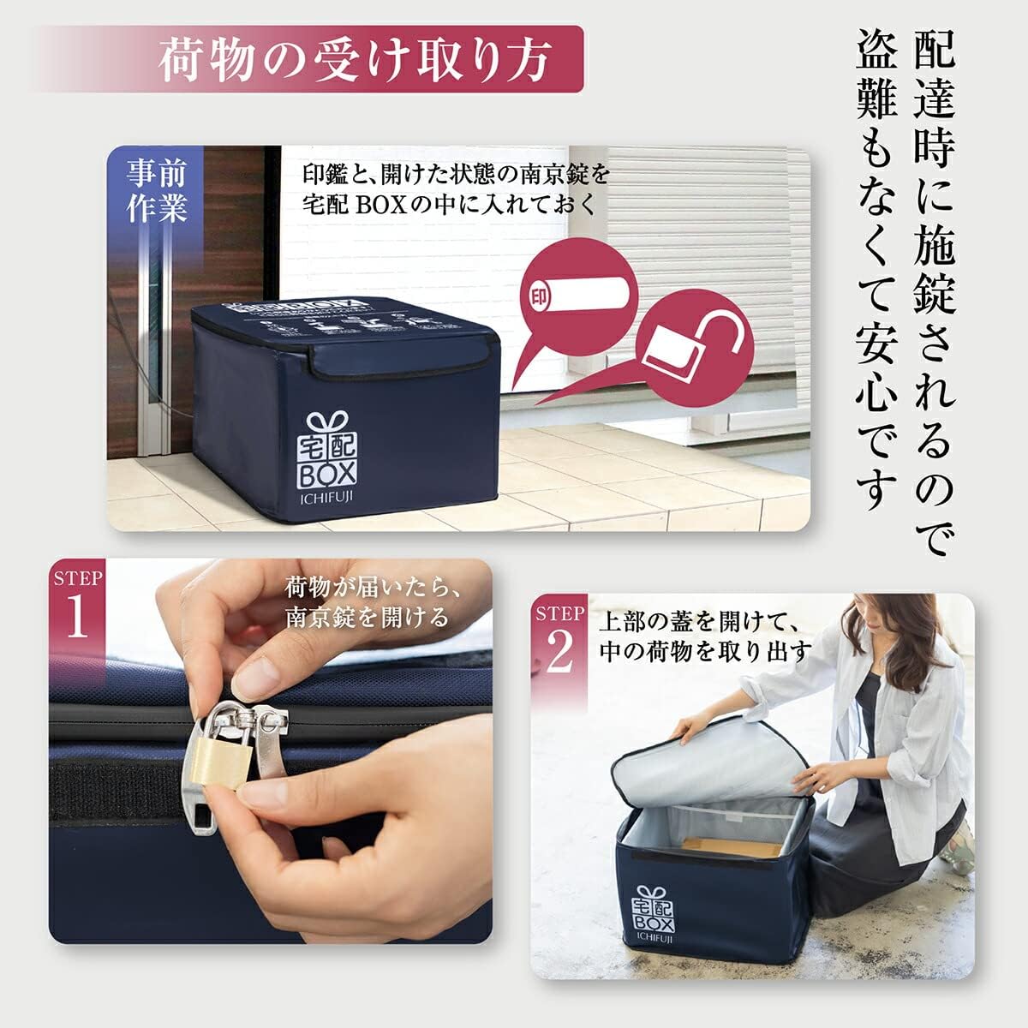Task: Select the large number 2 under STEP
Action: [x=559, y=653]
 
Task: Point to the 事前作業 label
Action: [x=158, y=192]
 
